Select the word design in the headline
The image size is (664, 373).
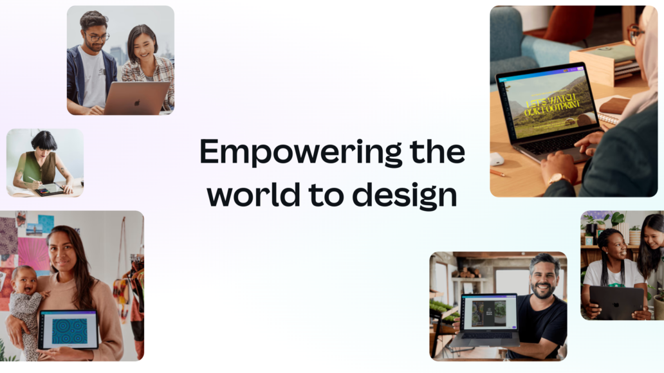click(405, 196)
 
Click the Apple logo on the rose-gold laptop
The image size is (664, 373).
click(137, 103)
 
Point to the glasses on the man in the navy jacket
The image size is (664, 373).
click(98, 38)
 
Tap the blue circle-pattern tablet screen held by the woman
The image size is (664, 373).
click(69, 331)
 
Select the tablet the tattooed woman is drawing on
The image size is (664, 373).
click(50, 189)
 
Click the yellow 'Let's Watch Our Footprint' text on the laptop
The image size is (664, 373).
click(551, 106)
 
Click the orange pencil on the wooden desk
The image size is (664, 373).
click(497, 173)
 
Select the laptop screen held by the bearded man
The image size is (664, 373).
click(490, 313)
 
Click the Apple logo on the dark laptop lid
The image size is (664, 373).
click(616, 304)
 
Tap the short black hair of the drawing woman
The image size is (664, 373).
click(44, 140)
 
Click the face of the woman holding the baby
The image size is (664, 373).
click(63, 251)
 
